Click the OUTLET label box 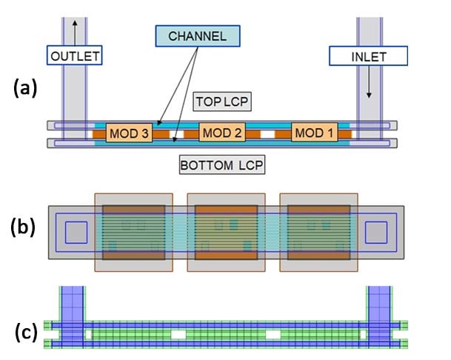[x=75, y=55]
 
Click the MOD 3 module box [x=128, y=133]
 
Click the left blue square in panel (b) [x=76, y=233]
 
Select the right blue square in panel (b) [x=376, y=233]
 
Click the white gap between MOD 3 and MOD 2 [x=176, y=136]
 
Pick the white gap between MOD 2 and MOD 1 [x=268, y=136]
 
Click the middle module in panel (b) [x=226, y=232]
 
